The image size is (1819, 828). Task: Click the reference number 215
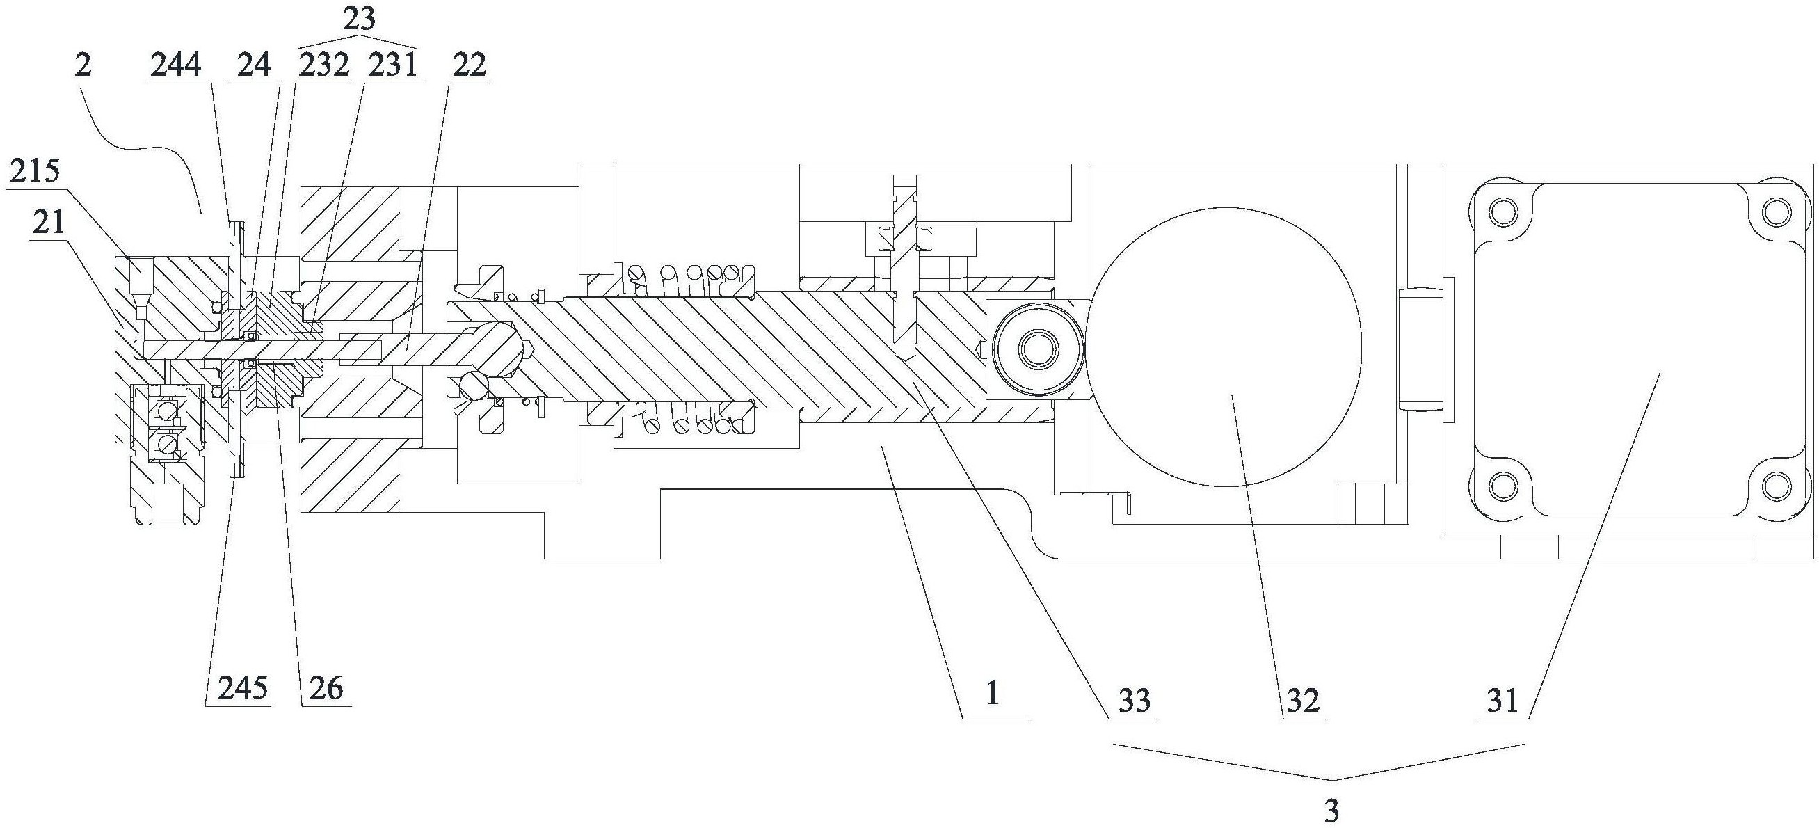coord(35,172)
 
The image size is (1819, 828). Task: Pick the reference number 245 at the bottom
coord(243,687)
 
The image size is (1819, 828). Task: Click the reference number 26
coord(326,687)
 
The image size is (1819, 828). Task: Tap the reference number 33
coord(1134,700)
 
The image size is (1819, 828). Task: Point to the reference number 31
coord(1502,700)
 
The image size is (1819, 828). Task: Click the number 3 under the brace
coord(1332,812)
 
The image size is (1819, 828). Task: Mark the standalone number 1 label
coord(993,694)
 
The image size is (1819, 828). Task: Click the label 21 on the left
coord(48,223)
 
